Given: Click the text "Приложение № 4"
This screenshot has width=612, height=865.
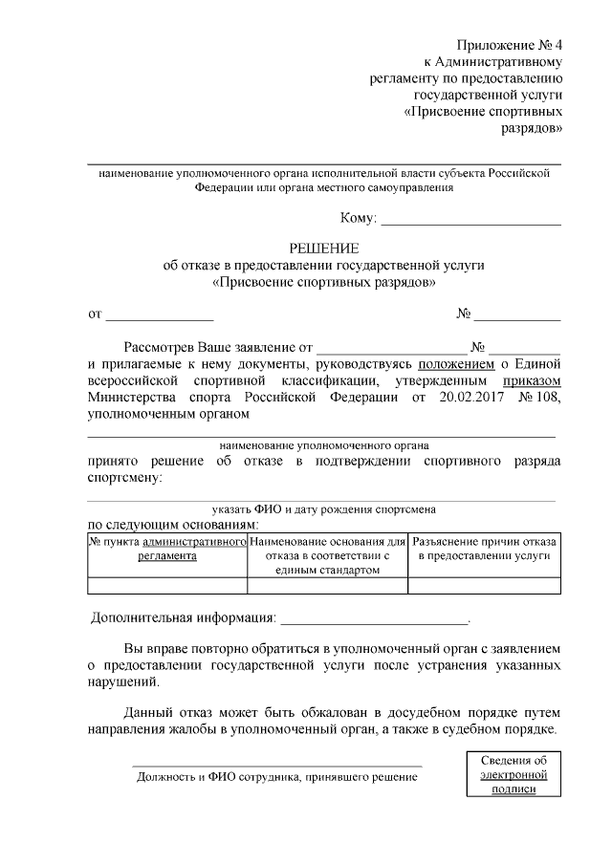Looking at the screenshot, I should coord(509,44).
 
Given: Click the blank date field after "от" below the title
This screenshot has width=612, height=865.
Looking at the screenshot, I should coord(159,313).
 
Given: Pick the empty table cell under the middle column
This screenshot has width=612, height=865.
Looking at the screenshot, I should coord(327,586).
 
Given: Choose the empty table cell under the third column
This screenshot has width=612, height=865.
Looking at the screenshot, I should coord(484,586).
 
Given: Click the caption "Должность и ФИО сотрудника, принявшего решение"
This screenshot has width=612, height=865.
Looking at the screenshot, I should coord(277,777).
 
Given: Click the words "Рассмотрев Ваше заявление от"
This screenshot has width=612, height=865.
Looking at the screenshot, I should coord(219,346).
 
